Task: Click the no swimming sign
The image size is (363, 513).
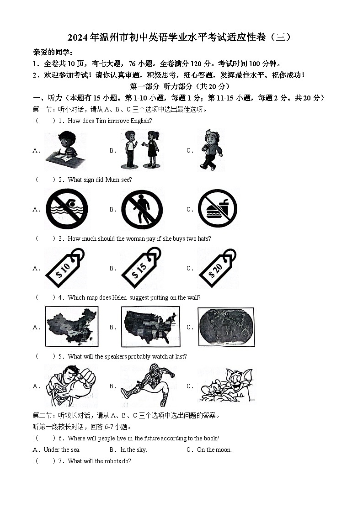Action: [x=67, y=209]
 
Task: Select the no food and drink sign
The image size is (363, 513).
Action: [x=217, y=209]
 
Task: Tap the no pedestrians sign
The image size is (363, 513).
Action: [x=142, y=209]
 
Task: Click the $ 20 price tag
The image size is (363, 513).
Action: [x=217, y=268]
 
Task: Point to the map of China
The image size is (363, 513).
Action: [x=72, y=327]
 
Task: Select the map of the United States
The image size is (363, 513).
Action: [x=149, y=327]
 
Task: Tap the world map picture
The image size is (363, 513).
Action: [x=226, y=327]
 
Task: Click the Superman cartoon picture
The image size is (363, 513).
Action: [x=70, y=386]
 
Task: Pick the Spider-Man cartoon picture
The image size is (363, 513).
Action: [x=147, y=386]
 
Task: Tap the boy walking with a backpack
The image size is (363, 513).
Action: [x=211, y=149]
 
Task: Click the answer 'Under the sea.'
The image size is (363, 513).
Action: [x=62, y=450]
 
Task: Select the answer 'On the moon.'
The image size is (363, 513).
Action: [x=214, y=450]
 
